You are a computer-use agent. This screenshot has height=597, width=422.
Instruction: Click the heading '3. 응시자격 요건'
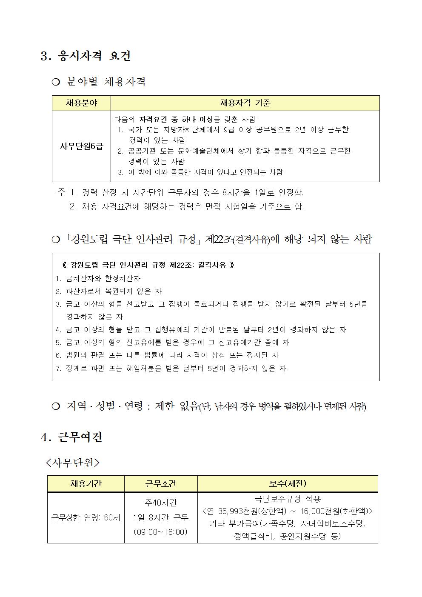click(x=86, y=56)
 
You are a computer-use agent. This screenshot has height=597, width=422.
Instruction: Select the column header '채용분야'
click(x=81, y=103)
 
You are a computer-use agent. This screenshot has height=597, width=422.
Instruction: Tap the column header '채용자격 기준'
click(x=245, y=103)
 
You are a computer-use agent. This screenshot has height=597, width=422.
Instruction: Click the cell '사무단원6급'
click(x=81, y=146)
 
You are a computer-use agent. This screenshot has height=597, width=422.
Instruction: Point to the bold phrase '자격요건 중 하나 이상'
click(x=176, y=119)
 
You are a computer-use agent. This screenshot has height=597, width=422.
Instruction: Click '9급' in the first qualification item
click(x=231, y=130)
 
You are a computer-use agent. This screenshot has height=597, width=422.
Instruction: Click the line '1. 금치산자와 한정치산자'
click(x=98, y=278)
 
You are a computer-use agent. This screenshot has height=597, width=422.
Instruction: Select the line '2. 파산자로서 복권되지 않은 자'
click(x=109, y=291)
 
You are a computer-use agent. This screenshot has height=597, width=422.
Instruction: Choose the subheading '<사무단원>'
click(x=73, y=463)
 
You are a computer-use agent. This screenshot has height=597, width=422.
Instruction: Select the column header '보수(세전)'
click(x=288, y=484)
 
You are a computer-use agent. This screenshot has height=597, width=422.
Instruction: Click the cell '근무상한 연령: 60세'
click(x=86, y=518)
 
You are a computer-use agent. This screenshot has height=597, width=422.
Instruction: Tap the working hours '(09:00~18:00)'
click(x=161, y=532)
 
